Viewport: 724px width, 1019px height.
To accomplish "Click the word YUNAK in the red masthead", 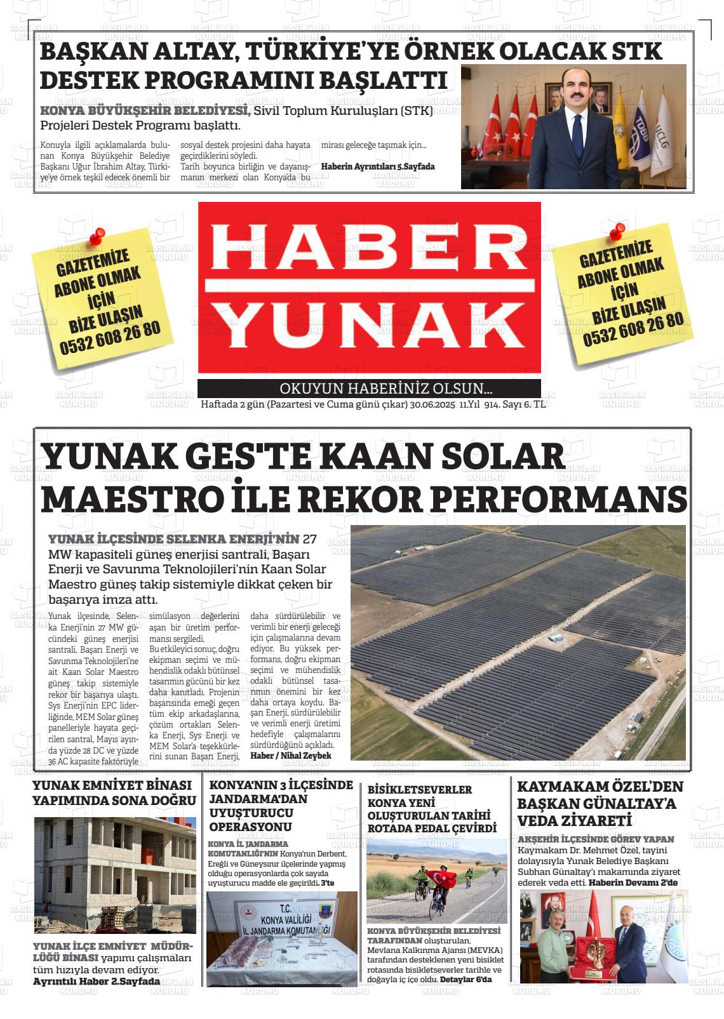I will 368,328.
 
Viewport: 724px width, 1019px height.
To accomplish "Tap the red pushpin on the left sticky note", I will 97,237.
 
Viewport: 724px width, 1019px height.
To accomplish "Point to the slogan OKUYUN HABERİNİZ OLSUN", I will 386,389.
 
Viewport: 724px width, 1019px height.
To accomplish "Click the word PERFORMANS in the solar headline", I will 559,499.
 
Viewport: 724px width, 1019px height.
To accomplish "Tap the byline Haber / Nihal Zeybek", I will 291,756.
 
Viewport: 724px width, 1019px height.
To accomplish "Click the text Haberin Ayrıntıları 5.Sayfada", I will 378,166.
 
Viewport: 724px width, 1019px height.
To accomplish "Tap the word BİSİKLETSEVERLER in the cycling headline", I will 420,789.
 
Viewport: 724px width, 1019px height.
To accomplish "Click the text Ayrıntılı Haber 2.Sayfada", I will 97,982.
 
